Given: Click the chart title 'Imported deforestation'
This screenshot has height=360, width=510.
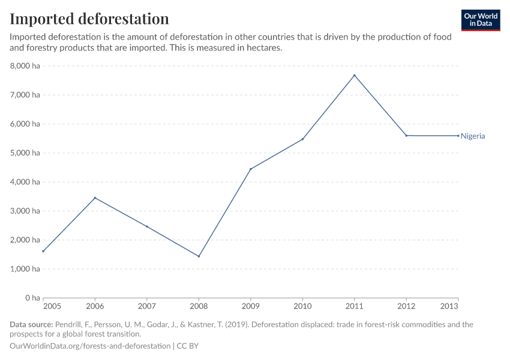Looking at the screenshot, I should pos(89,19).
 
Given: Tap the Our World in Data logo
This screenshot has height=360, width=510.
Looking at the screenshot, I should pos(480,20).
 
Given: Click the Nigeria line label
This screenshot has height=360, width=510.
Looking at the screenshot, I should pos(473,136).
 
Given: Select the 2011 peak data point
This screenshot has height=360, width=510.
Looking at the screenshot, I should pos(355,75).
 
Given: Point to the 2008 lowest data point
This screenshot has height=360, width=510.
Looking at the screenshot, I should pos(199,256).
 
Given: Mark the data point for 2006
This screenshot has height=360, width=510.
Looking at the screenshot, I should pos(95,198).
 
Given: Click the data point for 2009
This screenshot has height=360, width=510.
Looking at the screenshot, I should pos(251,169).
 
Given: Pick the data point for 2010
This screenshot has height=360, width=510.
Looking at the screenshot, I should pos(302,139).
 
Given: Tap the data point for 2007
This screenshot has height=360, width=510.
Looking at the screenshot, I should pos(147,226).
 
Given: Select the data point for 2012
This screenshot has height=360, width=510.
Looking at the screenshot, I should pos(406,136).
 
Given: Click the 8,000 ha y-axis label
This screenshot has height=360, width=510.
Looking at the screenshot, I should pos(25,66).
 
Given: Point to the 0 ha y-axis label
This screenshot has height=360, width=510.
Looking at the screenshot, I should pos(32,298).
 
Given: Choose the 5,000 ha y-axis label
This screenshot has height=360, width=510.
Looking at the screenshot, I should pos(25,153).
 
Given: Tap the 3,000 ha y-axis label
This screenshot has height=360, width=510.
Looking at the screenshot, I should pos(25,211).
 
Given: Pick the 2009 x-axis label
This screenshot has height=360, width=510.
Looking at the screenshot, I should pos(251,306).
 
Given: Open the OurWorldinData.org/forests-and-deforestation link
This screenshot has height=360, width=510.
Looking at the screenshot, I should pos(90,346).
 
